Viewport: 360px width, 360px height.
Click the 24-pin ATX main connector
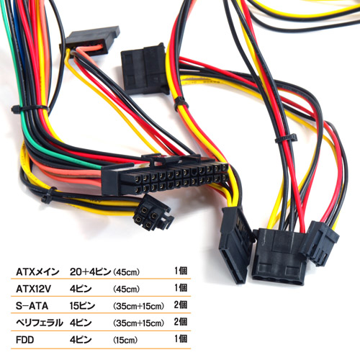tap(165, 177)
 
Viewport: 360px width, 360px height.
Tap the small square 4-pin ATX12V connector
tap(153, 213)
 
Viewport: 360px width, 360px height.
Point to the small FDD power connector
tap(320, 243)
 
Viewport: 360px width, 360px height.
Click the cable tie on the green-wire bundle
tap(30, 108)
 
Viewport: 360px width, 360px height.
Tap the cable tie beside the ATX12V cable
tap(48, 196)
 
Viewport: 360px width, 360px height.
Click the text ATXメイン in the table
tap(37, 272)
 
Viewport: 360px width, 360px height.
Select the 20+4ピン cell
tap(90, 272)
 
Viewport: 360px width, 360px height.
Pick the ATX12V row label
tap(33, 289)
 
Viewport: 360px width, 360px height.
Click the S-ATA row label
tap(32, 306)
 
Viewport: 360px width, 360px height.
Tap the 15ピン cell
tap(82, 306)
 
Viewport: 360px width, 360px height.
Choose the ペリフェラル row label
tap(39, 323)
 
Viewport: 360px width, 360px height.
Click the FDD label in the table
tap(24, 340)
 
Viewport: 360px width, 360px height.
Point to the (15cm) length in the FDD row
tap(125, 340)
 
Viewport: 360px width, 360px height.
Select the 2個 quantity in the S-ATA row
tap(181, 305)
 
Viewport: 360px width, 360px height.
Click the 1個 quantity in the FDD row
tap(181, 339)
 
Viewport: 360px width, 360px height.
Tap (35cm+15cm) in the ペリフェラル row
tap(138, 323)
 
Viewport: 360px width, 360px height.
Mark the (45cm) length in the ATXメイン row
tap(126, 272)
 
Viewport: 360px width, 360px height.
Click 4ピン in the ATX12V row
tap(81, 289)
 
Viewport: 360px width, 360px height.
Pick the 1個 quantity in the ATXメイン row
tap(181, 271)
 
